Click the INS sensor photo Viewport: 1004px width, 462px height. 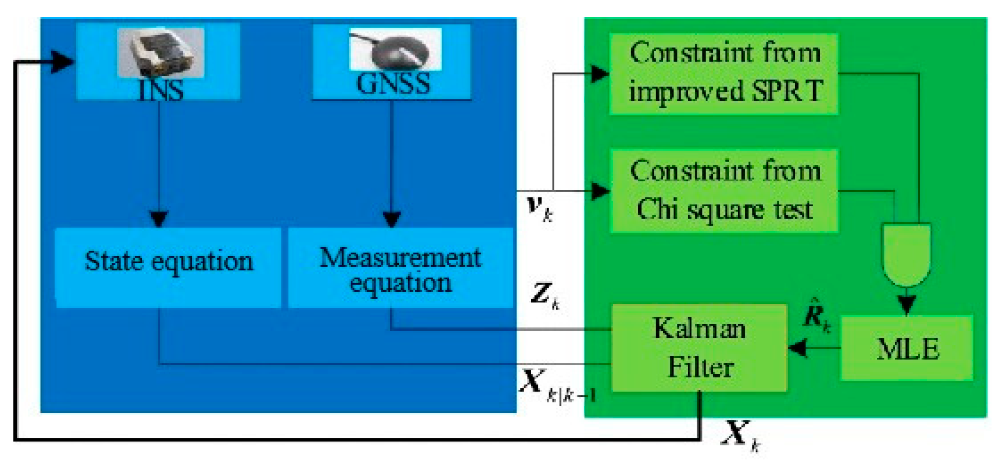pos(161,52)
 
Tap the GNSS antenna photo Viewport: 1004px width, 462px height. pos(395,49)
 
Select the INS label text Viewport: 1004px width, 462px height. pos(161,90)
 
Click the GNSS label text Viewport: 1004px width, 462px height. pos(393,83)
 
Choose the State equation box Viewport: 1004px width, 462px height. pos(168,267)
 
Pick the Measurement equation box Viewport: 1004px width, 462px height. pos(400,268)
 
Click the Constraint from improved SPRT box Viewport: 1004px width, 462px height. pos(723,74)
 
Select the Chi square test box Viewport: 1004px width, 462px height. pos(723,191)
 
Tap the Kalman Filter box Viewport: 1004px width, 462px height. pos(699,348)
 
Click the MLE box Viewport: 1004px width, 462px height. pos(907,348)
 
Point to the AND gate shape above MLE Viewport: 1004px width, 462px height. pos(906,254)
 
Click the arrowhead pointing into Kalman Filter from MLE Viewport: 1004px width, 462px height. pos(798,348)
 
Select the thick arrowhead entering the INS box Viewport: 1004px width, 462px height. pos(62,61)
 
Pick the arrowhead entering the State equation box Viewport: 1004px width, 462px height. pos(159,219)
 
